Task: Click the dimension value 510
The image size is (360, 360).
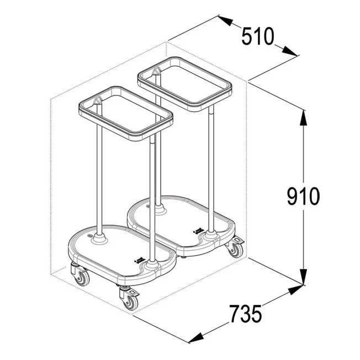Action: (258, 36)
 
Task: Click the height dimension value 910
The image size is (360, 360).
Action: (303, 197)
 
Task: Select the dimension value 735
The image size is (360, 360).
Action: (246, 314)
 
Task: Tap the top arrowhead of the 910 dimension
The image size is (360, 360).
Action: (303, 118)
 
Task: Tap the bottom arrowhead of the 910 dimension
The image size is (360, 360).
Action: (303, 277)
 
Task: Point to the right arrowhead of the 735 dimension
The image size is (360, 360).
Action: (295, 289)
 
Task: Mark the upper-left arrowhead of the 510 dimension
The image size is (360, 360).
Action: (225, 20)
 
